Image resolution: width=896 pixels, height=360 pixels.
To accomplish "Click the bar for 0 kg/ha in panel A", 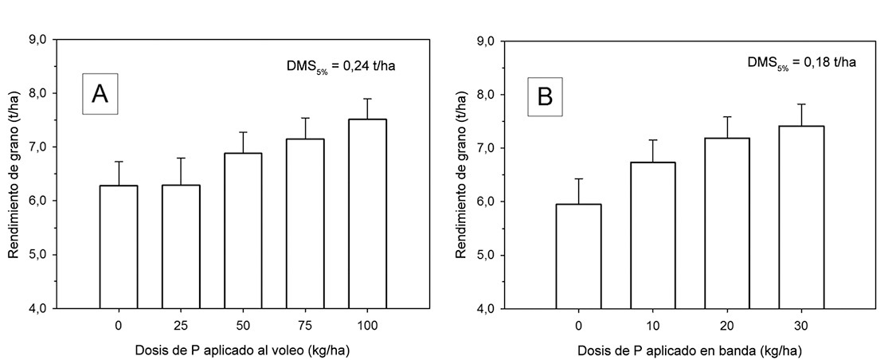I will click(119, 247).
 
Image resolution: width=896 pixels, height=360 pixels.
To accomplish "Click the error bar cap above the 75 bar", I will click(306, 118).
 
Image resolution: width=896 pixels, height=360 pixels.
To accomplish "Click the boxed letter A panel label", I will click(100, 94).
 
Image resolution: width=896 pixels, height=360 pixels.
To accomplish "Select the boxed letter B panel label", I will click(545, 96).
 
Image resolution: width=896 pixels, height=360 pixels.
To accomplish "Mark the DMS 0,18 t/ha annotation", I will click(801, 63).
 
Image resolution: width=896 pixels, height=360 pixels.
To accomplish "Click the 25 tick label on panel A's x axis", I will click(181, 326).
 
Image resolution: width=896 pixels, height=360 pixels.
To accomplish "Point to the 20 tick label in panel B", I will click(727, 326).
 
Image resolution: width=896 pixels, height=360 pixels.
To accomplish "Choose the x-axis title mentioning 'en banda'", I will click(690, 349).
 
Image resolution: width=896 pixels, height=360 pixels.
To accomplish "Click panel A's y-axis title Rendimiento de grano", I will click(14, 174).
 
